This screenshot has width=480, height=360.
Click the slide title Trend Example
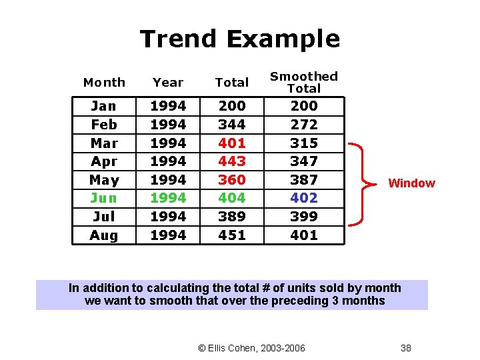(x=240, y=39)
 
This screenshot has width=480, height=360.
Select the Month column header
(x=104, y=83)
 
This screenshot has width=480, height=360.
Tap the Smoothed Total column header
(x=304, y=82)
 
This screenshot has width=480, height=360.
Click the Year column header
(x=168, y=83)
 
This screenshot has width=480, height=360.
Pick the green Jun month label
(x=103, y=198)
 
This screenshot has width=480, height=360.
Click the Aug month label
(x=103, y=235)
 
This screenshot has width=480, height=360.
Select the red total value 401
(x=232, y=143)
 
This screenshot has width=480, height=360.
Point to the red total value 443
(x=232, y=161)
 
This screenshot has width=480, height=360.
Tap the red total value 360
(x=232, y=180)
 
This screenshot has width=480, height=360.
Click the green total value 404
(x=232, y=198)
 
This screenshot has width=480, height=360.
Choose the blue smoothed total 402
(x=304, y=198)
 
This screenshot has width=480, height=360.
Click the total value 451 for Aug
(x=232, y=235)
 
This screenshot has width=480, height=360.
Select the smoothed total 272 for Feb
(x=304, y=125)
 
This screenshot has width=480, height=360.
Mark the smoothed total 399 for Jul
(x=304, y=217)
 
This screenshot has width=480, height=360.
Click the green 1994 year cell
(x=168, y=198)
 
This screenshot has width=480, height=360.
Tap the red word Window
(x=411, y=183)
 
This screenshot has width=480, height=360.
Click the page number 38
(x=405, y=347)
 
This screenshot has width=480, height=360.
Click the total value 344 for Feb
(x=232, y=125)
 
